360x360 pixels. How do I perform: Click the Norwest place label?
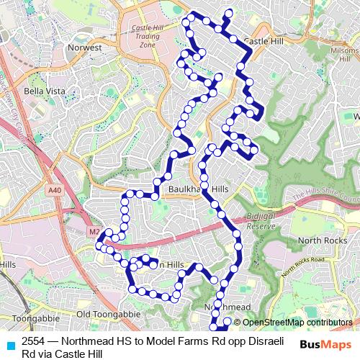click(84, 47)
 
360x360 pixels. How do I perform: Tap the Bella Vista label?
click(44, 92)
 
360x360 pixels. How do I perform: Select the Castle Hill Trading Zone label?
click(148, 36)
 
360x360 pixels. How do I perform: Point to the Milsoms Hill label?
click(345, 55)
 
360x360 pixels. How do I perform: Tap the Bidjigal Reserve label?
click(260, 220)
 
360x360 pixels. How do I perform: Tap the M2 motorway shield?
click(94, 232)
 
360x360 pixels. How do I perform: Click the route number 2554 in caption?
click(35, 341)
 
